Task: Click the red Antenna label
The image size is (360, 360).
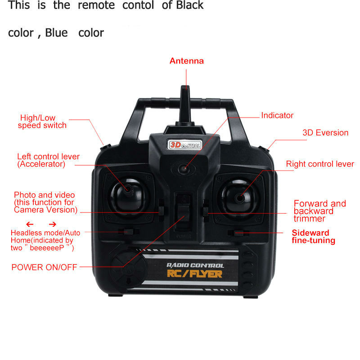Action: [x=187, y=61]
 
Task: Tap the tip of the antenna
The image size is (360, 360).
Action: [x=185, y=86]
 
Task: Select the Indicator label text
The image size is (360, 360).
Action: [x=277, y=115]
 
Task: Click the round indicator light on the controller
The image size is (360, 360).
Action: [x=184, y=169]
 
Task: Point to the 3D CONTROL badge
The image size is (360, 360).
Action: [x=185, y=145]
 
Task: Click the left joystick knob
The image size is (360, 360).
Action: [x=128, y=189]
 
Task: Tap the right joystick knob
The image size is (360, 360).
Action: [x=239, y=198]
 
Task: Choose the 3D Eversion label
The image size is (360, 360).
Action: [x=325, y=133]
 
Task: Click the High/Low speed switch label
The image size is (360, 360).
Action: [x=42, y=121]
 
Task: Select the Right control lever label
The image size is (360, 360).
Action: [x=320, y=164]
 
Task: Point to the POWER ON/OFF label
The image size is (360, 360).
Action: [x=44, y=267]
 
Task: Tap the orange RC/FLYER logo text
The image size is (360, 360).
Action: [x=194, y=274]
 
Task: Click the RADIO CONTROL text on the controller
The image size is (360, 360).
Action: [x=195, y=265]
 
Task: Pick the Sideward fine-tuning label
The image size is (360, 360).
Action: [x=313, y=237]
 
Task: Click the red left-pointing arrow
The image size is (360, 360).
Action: [x=30, y=224]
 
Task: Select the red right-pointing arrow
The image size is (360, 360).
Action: [x=53, y=224]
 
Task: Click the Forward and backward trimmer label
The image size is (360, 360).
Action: [x=319, y=211]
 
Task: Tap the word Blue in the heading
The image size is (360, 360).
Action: [x=56, y=33]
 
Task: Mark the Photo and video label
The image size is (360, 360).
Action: [x=45, y=202]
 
